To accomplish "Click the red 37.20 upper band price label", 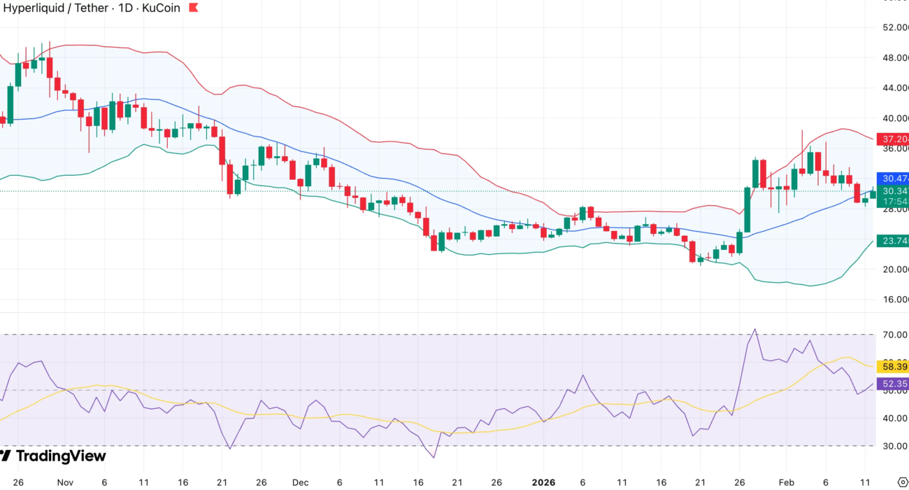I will (x=894, y=139).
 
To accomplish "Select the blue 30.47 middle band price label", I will (x=894, y=178).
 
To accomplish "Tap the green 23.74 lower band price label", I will (x=894, y=241).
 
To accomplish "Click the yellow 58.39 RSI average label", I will (x=894, y=366).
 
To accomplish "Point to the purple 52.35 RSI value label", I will (x=894, y=384).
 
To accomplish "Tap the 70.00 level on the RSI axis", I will (x=894, y=335).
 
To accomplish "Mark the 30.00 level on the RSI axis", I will (x=894, y=446).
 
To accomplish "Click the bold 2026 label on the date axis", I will (x=544, y=482).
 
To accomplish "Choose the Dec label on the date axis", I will (x=300, y=482).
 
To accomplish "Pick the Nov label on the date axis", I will (x=65, y=482).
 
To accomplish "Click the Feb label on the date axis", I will (x=787, y=482).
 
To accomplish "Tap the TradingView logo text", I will (x=60, y=456).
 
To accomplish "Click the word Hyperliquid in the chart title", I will (x=34, y=8).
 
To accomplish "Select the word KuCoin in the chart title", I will (x=158, y=8).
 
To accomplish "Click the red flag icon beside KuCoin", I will (x=194, y=8).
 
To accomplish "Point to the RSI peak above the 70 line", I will (x=754, y=330).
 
